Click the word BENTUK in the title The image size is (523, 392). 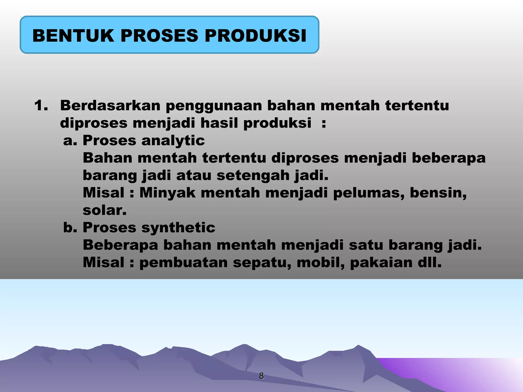coord(73,35)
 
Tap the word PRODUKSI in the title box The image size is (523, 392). coord(255,35)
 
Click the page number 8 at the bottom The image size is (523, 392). coord(261,376)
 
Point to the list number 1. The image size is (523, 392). coord(41,105)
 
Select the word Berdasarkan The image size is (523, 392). coord(110,105)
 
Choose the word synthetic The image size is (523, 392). coord(178,228)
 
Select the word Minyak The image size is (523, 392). coord(167,193)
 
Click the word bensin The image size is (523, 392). coord(438,193)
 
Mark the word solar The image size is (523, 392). coord(104,210)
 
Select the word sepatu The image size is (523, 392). coord(262,263)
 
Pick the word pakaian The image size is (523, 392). coord(381,263)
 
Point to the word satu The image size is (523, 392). coord(366,245)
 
